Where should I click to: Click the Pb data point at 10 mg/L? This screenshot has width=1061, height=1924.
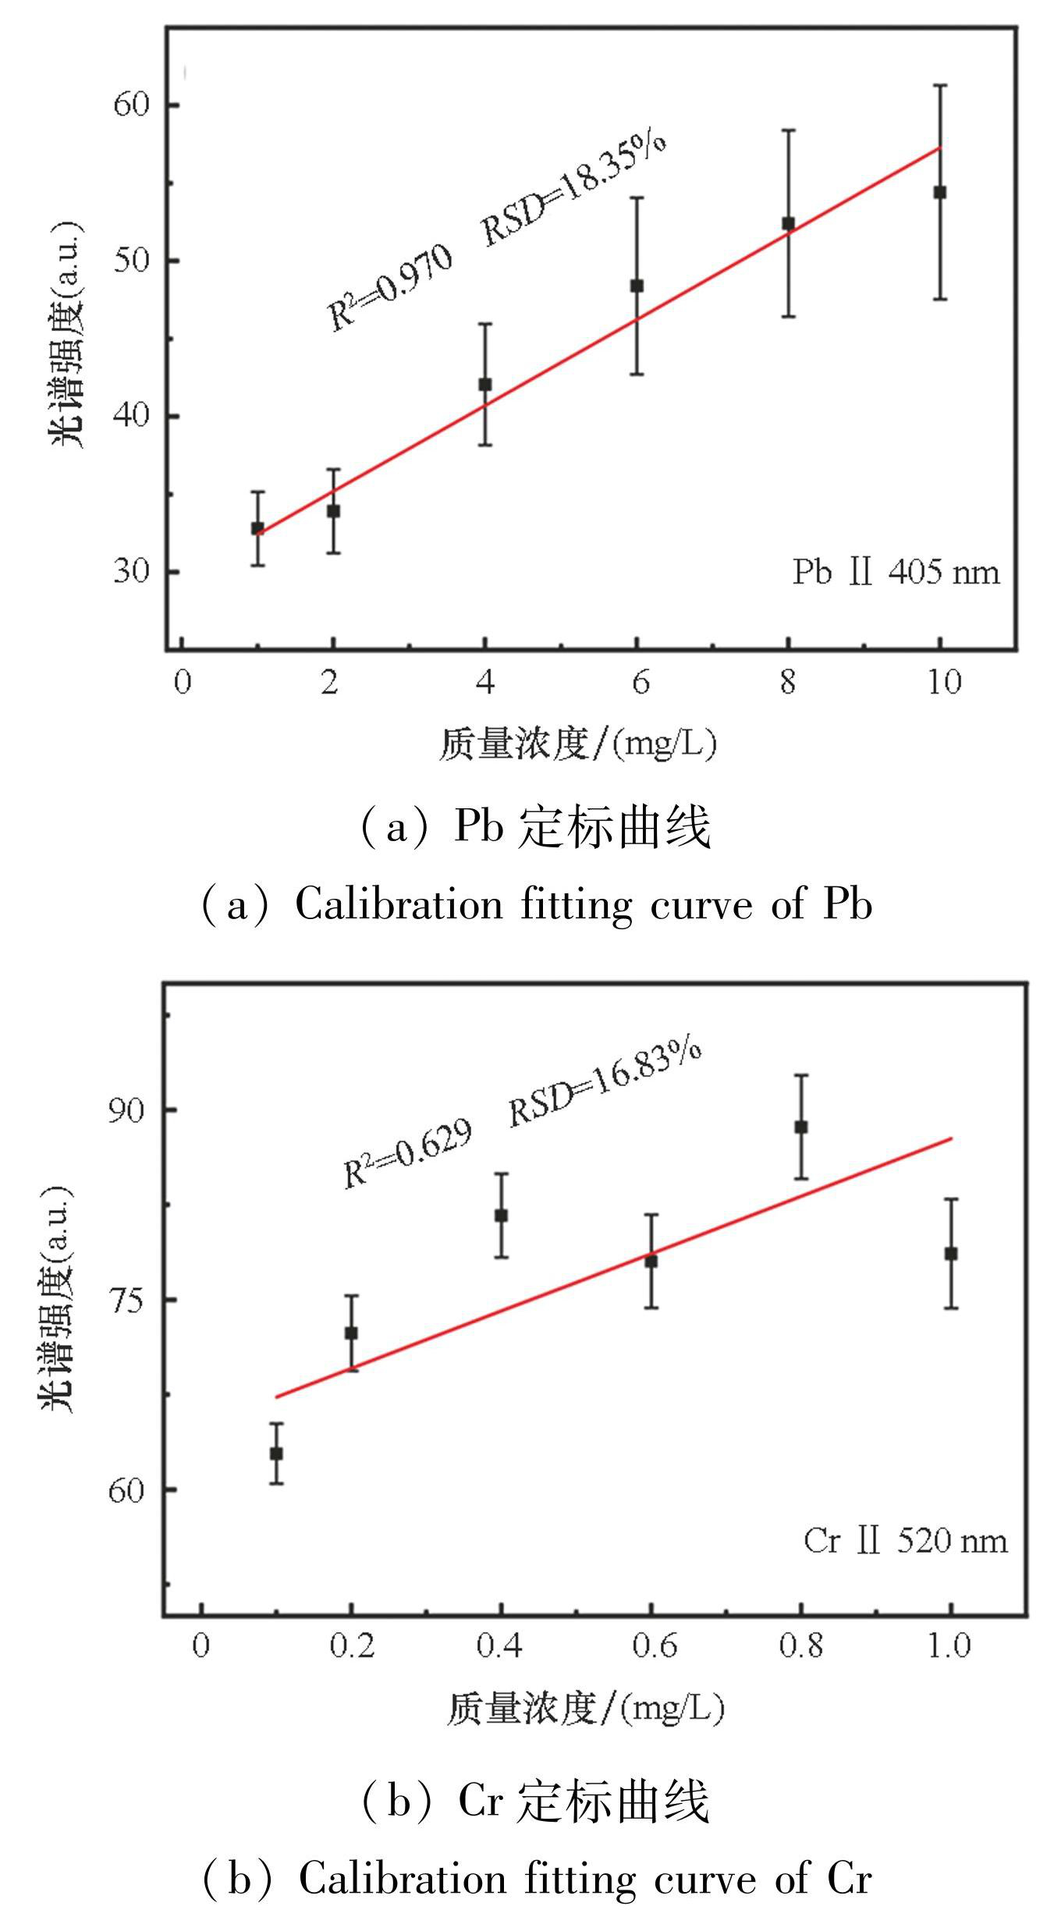(940, 192)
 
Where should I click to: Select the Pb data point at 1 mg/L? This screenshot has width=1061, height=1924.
(257, 528)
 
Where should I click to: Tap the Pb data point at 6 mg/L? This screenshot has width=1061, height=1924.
(637, 286)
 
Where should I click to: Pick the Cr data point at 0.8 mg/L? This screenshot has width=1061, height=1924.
(800, 1127)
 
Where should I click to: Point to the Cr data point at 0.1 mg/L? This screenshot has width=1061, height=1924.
(276, 1454)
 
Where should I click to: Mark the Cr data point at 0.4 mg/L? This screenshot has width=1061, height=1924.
(501, 1216)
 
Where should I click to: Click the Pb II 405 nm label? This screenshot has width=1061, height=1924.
(896, 573)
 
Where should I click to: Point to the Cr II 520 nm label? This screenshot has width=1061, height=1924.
(905, 1541)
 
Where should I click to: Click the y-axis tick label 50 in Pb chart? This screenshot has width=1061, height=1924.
(130, 260)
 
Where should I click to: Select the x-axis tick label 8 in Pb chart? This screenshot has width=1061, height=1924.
(788, 682)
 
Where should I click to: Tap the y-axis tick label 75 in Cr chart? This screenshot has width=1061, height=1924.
(126, 1300)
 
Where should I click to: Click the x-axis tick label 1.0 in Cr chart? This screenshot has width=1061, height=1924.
(949, 1645)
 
